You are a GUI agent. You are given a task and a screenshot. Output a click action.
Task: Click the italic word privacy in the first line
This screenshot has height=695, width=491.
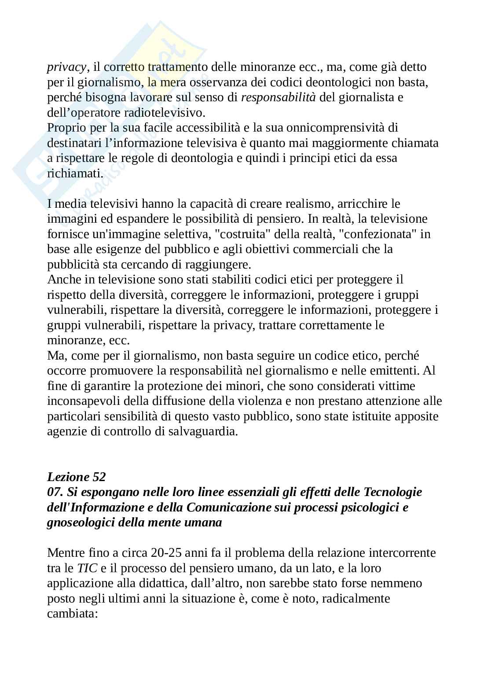point(66,67)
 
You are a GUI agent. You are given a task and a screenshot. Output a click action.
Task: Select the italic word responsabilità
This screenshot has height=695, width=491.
point(278,97)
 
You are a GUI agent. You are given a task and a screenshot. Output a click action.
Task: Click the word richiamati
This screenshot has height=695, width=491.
point(74,173)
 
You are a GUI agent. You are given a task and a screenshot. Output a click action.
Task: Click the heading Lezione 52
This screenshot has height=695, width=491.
point(76,477)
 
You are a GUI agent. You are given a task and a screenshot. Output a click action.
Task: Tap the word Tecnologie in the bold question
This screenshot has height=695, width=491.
point(392,492)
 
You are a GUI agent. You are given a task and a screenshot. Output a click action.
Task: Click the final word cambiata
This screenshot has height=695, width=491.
point(72,614)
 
